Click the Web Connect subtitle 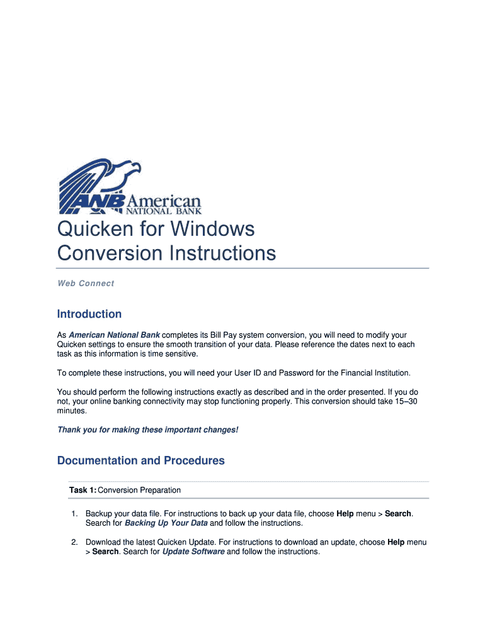coord(86,284)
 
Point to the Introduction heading coord(89,314)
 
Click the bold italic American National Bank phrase coord(114,335)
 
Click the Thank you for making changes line coord(148,430)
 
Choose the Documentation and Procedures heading coord(141,461)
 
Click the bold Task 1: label coord(83,490)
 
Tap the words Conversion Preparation coord(139,490)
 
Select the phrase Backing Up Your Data coord(166,523)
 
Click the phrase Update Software coord(193,552)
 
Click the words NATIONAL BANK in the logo coord(165,211)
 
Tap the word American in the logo coord(165,201)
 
